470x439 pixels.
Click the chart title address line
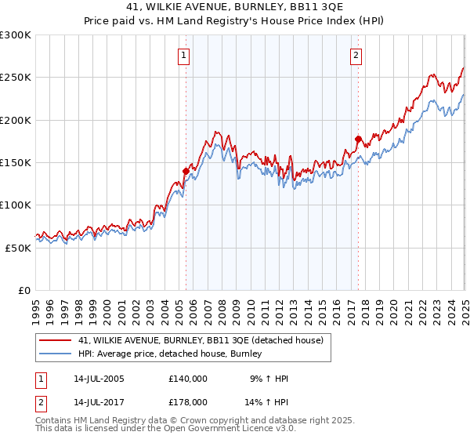235,7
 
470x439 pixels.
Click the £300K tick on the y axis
16,35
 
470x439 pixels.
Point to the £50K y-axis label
18,248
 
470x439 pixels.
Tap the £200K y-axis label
16,120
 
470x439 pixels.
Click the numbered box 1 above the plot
183,56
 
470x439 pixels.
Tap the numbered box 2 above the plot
356,56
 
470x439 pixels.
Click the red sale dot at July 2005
186,171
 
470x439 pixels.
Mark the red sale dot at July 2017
358,139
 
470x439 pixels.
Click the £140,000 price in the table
188,379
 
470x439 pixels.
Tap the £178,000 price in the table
188,401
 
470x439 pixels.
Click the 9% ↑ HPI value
269,379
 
